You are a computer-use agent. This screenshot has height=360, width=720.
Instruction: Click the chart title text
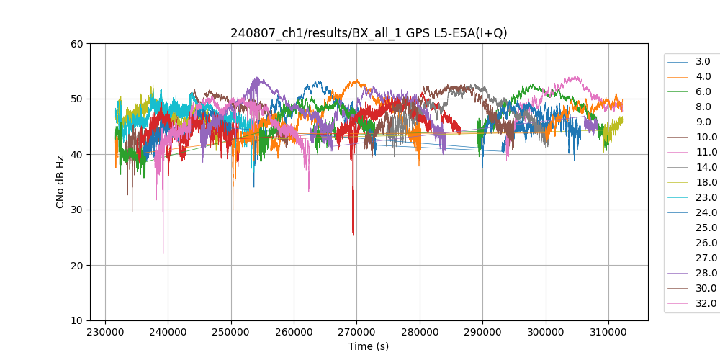[x=369, y=33]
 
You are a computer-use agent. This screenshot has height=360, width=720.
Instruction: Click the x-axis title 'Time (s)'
[x=369, y=346]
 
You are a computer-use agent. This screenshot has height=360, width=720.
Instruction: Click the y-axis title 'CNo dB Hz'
[x=60, y=182]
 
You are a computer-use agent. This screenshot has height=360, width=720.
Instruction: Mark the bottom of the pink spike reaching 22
[x=163, y=253]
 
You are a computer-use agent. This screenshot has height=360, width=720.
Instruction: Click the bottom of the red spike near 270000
[x=353, y=235]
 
